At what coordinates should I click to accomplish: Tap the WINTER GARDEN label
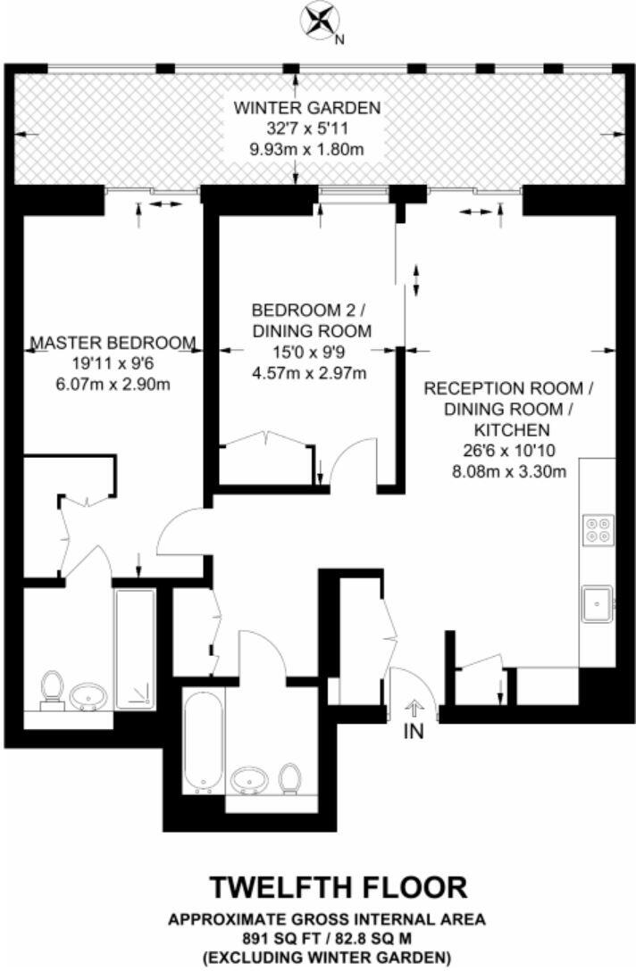pos(306,108)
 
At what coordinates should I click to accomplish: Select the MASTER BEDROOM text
pos(113,343)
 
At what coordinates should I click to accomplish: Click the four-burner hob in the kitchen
pos(598,530)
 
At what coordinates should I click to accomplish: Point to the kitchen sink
pos(596,604)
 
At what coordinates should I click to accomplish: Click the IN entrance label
pos(414,733)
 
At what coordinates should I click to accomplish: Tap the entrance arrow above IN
pos(414,709)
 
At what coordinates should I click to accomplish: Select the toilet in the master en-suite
pos(52,689)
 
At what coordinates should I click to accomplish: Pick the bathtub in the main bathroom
pos(201,737)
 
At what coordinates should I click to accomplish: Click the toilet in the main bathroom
pos(289,778)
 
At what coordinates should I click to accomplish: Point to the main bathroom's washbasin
pos(248,781)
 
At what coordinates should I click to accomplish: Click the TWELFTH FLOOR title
pos(338,887)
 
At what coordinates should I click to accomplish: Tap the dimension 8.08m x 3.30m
pos(507,471)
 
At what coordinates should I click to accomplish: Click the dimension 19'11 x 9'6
pos(113,364)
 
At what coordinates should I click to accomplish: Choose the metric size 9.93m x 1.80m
pos(306,149)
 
